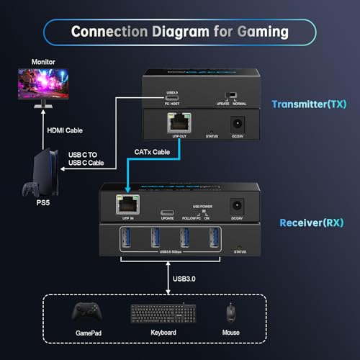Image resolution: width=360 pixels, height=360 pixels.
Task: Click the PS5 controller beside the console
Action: pyautogui.click(x=30, y=189)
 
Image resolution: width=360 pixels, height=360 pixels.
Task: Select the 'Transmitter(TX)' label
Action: pyautogui.click(x=309, y=104)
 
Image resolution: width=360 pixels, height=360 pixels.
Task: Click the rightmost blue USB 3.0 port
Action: pyautogui.click(x=213, y=238)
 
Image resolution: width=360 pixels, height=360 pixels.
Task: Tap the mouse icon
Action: pyautogui.click(x=230, y=312)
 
